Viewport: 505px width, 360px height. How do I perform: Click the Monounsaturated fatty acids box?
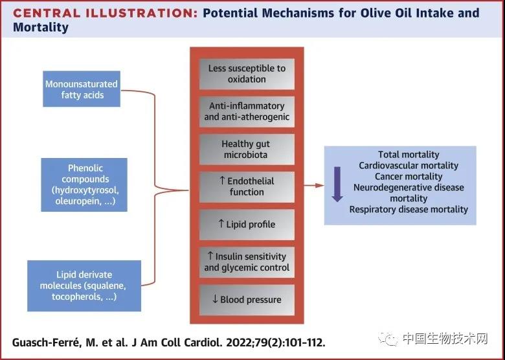coord(82,89)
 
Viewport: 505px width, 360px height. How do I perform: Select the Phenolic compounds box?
coord(84,185)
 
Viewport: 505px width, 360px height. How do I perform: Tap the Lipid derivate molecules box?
coord(84,286)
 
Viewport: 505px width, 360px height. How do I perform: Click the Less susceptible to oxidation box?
coord(247,74)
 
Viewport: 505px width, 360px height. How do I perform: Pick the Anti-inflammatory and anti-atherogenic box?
coord(247,111)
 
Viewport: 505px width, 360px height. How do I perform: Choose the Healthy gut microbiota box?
coord(247,149)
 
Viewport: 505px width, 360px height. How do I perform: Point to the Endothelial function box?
coord(247,186)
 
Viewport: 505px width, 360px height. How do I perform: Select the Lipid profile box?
coord(247,225)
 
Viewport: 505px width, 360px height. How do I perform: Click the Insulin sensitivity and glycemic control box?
coord(247,262)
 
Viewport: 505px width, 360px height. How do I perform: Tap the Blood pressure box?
coord(247,300)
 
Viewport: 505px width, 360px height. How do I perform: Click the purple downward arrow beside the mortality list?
coord(337,184)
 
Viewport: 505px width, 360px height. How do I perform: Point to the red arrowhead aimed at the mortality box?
coord(319,185)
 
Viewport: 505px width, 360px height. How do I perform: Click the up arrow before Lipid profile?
coord(221,223)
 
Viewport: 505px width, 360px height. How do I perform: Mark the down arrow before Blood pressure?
coord(215,299)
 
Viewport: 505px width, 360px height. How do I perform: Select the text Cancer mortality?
coord(409,177)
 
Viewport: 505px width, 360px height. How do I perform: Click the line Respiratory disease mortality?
coord(409,209)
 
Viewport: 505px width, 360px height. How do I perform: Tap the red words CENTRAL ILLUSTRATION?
coord(106,13)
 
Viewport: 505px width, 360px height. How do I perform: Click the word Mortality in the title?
coord(41,27)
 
